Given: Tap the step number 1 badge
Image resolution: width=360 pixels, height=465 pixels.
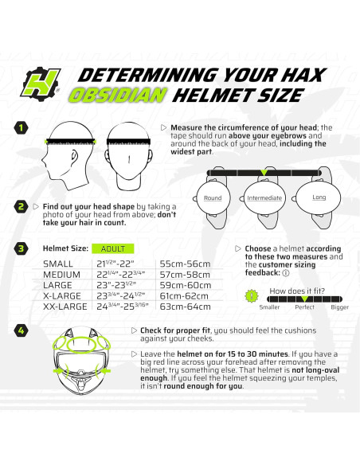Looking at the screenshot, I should pos(22,127).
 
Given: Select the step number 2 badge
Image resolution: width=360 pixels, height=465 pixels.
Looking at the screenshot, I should pos(22,208).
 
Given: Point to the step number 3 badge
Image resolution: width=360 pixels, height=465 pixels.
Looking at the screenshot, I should pos(22,248).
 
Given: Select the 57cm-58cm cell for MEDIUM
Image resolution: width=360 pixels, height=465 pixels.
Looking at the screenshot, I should pos(185,274).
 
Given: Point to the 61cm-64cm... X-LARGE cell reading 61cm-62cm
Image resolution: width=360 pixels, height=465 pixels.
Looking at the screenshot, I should pos(185,295).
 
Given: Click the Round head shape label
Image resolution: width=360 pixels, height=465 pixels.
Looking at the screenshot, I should pos(213,197).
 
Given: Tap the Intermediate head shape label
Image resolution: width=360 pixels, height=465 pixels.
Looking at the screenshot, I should pos(264,197).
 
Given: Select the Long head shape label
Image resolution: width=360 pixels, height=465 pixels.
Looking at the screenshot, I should pos(318,197).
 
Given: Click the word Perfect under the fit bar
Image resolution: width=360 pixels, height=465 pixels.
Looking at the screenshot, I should pos(304,306).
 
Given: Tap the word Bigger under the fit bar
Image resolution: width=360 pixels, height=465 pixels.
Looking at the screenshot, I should pos(339,306).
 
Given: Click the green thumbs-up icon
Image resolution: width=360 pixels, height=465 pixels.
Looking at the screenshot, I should pos(252,295).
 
